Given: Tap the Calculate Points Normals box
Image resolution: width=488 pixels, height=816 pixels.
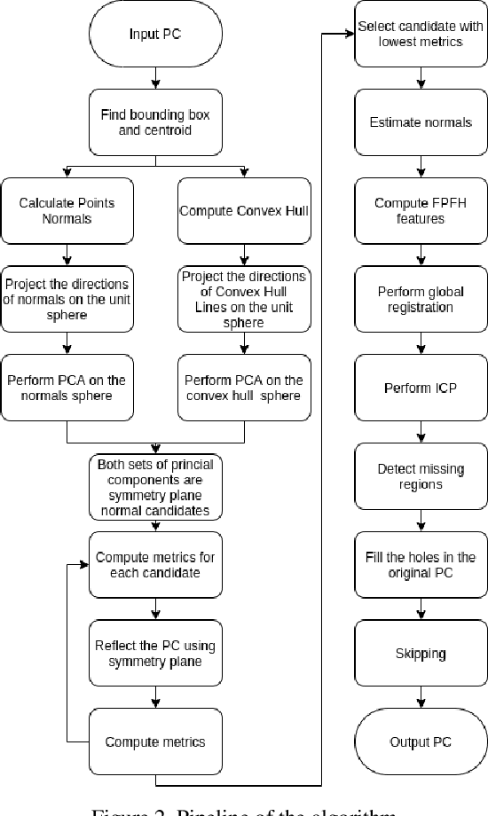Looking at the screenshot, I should pyautogui.click(x=67, y=210).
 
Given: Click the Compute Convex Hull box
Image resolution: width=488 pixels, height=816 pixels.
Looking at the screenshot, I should pyautogui.click(x=244, y=210).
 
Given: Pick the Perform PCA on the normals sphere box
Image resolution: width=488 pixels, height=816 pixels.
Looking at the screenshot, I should pyautogui.click(x=67, y=387).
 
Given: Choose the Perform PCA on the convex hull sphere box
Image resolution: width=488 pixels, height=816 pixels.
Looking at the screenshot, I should pyautogui.click(x=244, y=387).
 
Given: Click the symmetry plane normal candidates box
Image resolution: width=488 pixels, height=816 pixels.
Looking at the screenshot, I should pyautogui.click(x=156, y=487).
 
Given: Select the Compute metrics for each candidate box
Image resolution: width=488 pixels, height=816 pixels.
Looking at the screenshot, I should pyautogui.click(x=156, y=565).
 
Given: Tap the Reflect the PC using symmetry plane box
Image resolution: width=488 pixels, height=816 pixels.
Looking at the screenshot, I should pyautogui.click(x=156, y=653).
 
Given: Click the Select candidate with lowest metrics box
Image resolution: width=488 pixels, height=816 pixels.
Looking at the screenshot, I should pyautogui.click(x=421, y=35).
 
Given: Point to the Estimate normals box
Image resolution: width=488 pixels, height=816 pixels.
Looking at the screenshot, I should pyautogui.click(x=421, y=122).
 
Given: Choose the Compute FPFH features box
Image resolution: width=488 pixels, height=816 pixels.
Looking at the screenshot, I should pyautogui.click(x=421, y=210).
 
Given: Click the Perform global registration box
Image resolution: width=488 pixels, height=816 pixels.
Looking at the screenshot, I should pyautogui.click(x=421, y=299).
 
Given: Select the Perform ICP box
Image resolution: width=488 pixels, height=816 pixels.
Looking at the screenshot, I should pyautogui.click(x=421, y=388).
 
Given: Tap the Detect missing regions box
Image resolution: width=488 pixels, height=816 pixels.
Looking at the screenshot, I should pyautogui.click(x=421, y=475).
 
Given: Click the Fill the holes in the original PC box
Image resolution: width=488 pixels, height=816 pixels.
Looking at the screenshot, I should pyautogui.click(x=421, y=564).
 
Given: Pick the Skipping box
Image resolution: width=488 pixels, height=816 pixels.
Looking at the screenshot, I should pyautogui.click(x=421, y=653).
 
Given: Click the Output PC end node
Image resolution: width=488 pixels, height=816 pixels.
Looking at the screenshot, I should pyautogui.click(x=421, y=741).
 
